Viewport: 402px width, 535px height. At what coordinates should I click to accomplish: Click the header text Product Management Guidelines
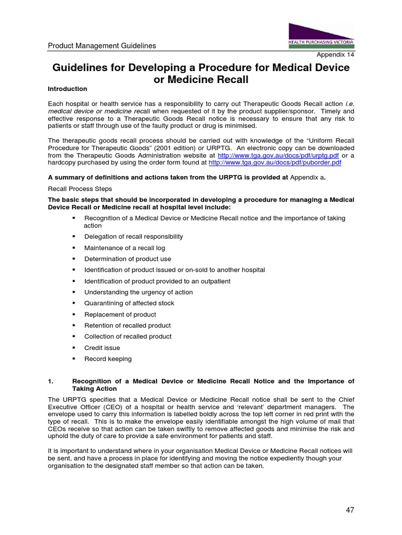click(x=102, y=46)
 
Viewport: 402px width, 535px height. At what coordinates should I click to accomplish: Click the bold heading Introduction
click(x=68, y=89)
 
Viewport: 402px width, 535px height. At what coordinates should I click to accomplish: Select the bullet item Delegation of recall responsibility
click(x=133, y=237)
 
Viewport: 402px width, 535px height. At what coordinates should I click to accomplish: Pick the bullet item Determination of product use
click(x=128, y=259)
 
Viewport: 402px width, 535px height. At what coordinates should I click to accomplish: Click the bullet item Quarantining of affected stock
click(x=129, y=303)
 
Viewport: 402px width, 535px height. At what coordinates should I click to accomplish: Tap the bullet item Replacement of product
click(x=120, y=315)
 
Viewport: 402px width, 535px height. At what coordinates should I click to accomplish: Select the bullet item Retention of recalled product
click(x=127, y=325)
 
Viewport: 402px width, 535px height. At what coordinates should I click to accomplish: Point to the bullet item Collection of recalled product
click(x=128, y=336)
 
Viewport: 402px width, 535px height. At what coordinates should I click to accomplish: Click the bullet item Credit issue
click(x=102, y=348)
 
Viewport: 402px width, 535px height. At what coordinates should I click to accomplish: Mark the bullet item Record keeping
click(x=108, y=359)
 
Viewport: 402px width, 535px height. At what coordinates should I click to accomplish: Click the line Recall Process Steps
click(x=80, y=189)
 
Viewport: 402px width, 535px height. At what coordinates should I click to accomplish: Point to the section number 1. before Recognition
click(x=51, y=381)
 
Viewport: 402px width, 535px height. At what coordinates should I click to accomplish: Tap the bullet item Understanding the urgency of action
click(x=138, y=292)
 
